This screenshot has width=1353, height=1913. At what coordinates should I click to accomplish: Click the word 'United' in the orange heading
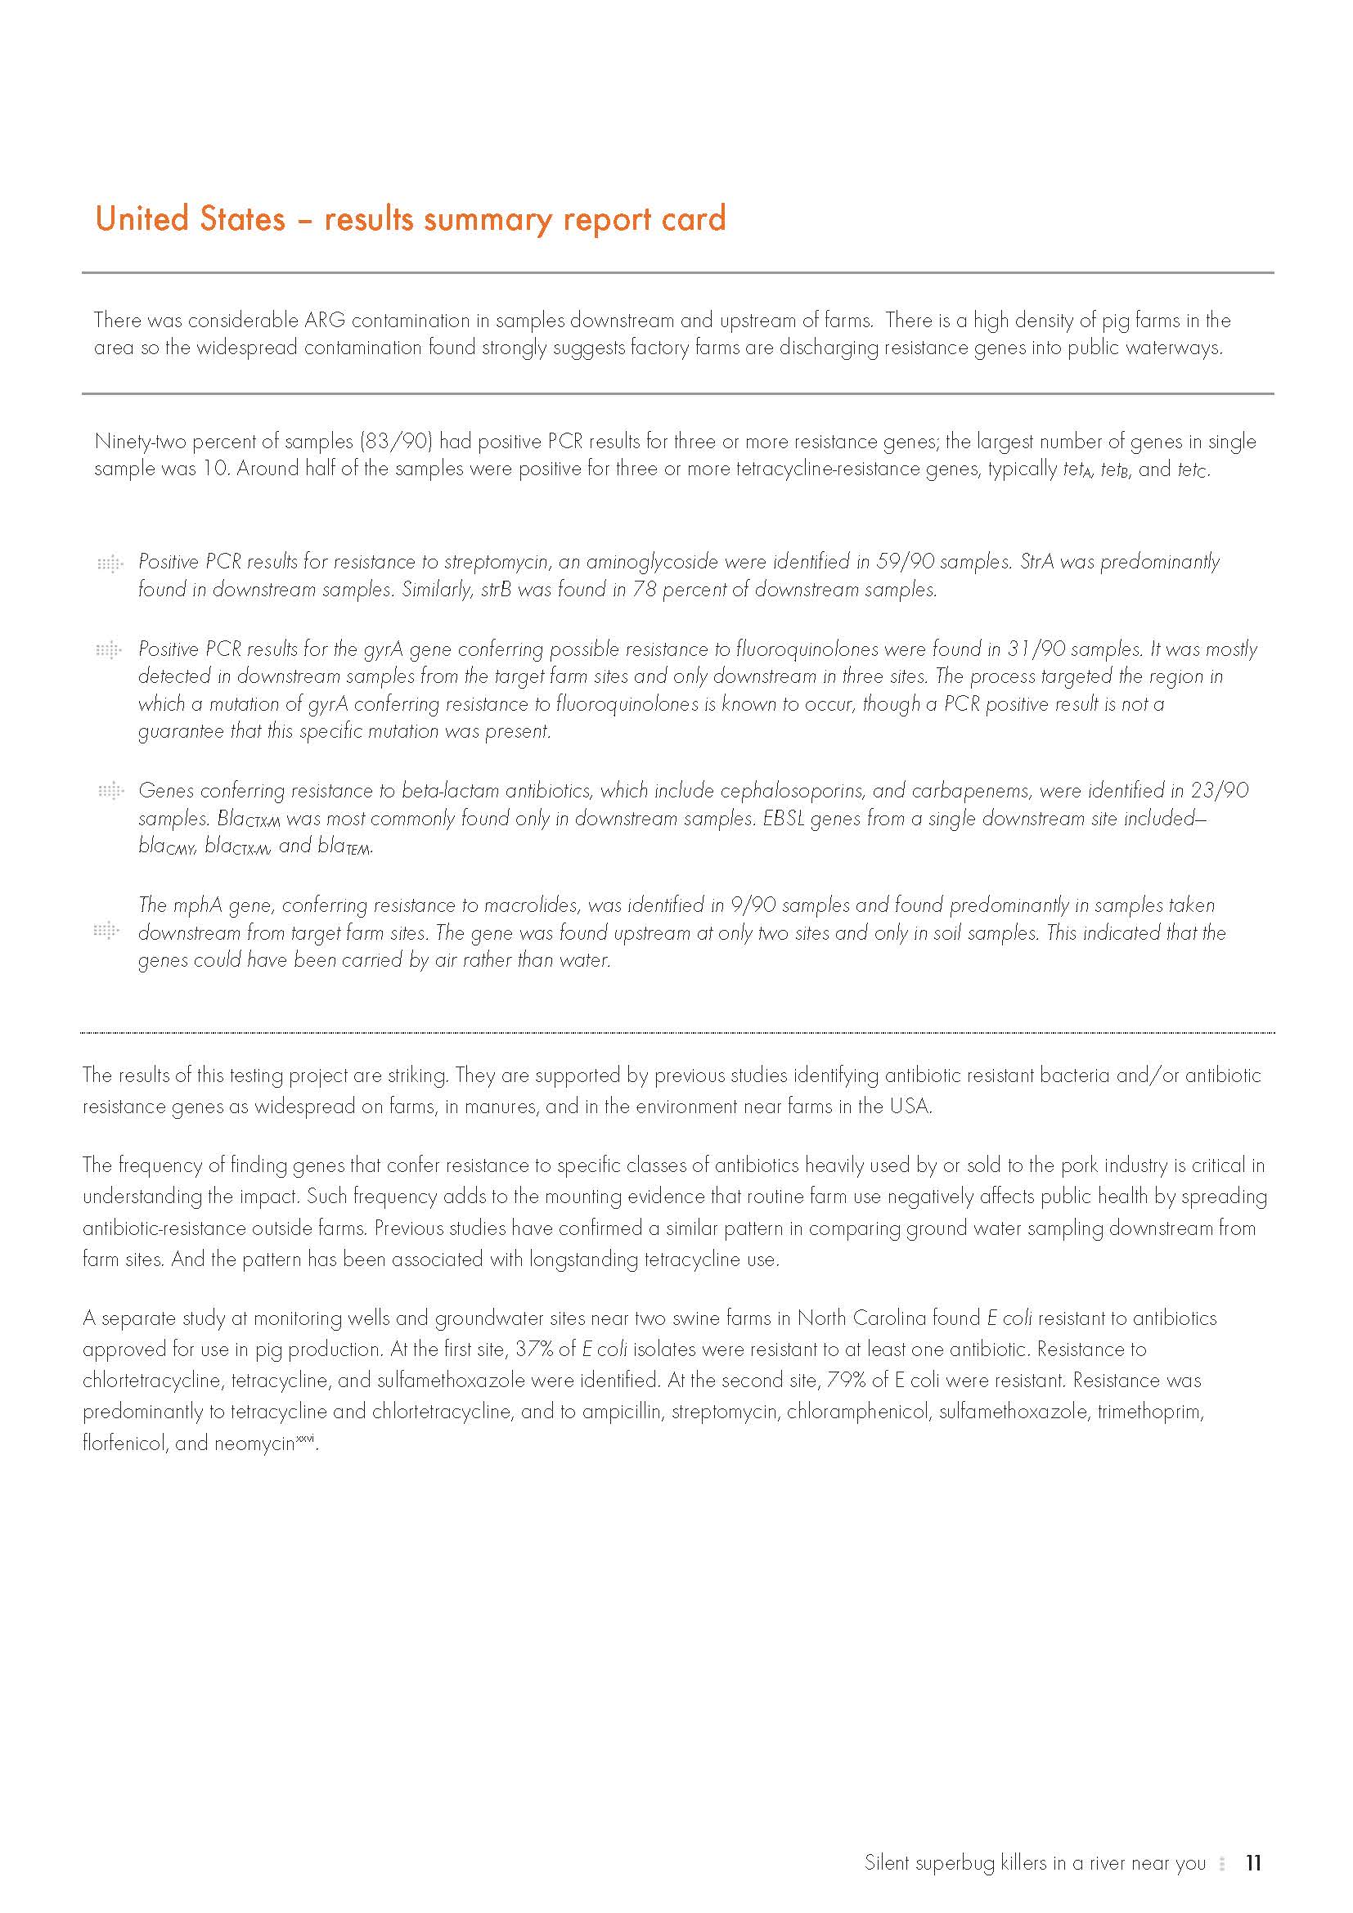pyautogui.click(x=144, y=218)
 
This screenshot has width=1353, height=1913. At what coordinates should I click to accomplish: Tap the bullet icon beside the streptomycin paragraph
pyautogui.click(x=109, y=564)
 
